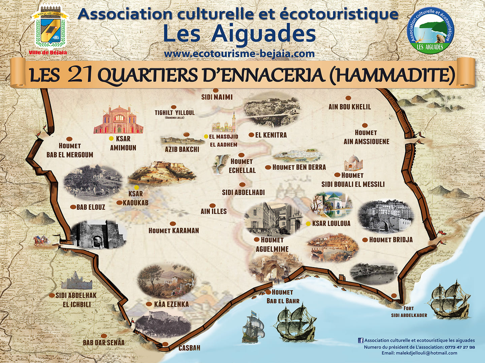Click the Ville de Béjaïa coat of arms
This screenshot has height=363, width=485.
click(50, 29)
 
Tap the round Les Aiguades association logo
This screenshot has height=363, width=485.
click(430, 30)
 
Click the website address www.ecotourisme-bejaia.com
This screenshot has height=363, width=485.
click(239, 54)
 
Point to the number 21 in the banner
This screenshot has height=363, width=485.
click(80, 74)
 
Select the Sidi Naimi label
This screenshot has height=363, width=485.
click(217, 97)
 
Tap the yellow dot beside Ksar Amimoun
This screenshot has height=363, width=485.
click(111, 138)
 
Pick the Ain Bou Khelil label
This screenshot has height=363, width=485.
click(350, 107)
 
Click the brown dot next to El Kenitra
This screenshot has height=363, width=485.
click(251, 135)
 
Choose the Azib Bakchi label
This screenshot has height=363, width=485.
click(182, 149)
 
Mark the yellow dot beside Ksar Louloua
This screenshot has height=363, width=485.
click(308, 224)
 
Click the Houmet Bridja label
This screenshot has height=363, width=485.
click(391, 240)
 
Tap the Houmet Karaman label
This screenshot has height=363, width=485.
click(174, 231)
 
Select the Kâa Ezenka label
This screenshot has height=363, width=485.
click(171, 304)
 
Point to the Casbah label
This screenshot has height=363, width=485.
click(189, 348)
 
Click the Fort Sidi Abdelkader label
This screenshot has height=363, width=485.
click(409, 312)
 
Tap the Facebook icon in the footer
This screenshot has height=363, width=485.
click(361, 340)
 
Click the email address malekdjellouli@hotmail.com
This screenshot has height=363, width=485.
click(426, 353)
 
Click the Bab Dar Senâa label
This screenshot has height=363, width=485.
click(104, 342)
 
